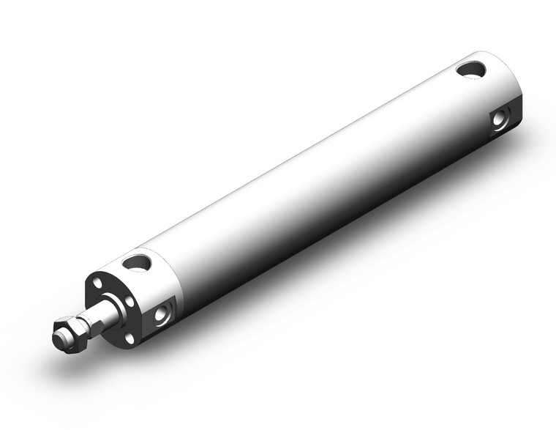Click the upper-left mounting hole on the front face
coord(96,280)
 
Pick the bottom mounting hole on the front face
coord(129,338)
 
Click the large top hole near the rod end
coord(136,261)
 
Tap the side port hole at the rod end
coord(162,314)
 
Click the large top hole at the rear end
coord(470,70)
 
